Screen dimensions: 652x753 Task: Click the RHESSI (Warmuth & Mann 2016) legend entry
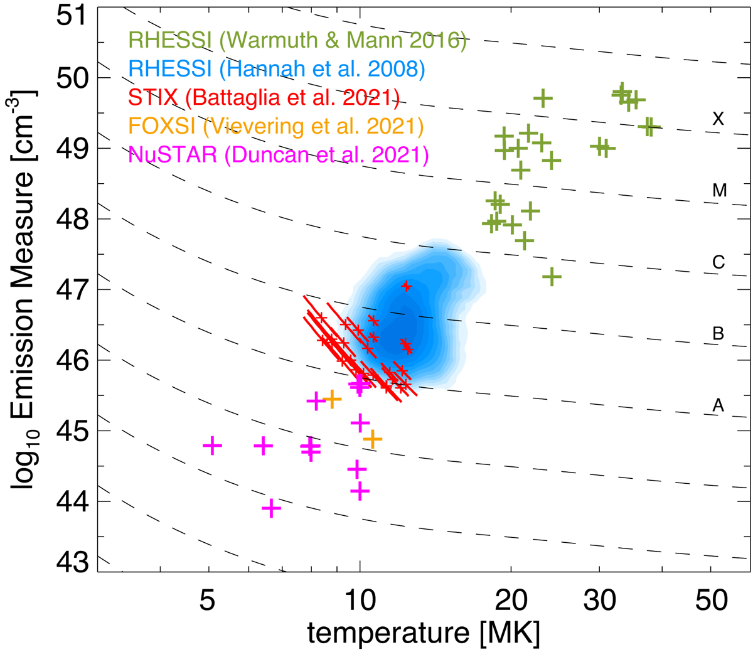coord(297,42)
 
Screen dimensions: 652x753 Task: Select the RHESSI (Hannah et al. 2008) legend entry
coord(276,70)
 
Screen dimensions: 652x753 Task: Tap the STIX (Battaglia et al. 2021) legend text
coord(264,98)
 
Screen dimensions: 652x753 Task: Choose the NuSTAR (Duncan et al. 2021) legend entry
coord(279,154)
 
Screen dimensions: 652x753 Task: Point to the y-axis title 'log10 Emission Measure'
coord(25,289)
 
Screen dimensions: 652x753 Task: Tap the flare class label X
coord(718,119)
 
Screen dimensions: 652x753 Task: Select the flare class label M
coord(719,191)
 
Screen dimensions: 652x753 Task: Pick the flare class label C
coord(718,262)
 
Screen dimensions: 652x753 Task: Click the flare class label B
coord(718,334)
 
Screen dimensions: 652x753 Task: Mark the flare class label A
coord(718,406)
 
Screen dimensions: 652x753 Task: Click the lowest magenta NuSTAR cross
coord(271,508)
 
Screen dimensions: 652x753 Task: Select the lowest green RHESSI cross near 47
coord(552,276)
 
